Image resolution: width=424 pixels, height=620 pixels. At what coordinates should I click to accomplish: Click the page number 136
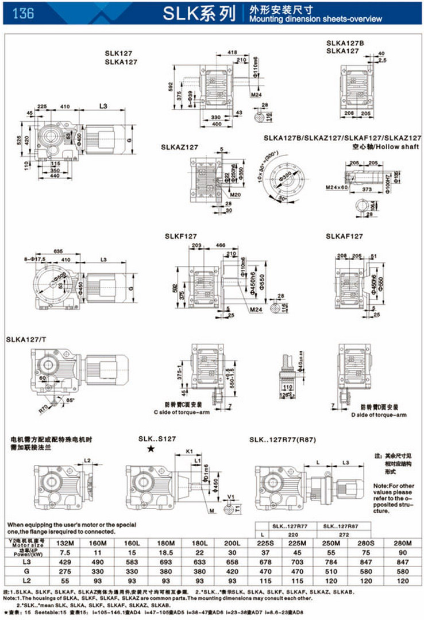coord(22,13)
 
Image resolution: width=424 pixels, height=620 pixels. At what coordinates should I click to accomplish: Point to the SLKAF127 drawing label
coord(344,236)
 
